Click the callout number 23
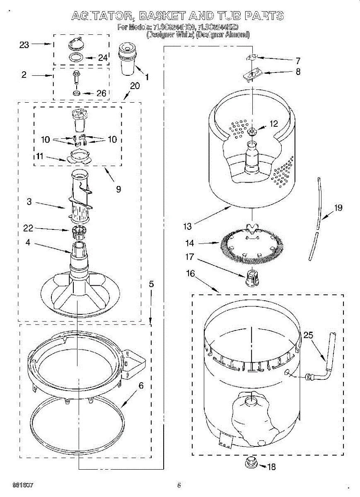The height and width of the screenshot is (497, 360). (x=24, y=45)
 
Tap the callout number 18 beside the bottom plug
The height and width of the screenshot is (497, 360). (x=271, y=467)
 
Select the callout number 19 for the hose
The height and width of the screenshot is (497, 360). (x=338, y=208)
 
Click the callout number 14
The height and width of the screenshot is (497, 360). (x=190, y=243)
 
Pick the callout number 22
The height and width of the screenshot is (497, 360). (x=29, y=228)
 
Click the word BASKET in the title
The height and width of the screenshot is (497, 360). (x=162, y=16)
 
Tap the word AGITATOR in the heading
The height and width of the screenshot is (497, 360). (x=101, y=16)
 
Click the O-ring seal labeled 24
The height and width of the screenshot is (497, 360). (x=76, y=58)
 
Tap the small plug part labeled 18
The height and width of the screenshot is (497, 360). (x=251, y=462)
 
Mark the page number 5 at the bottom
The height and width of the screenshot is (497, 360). (x=179, y=485)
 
